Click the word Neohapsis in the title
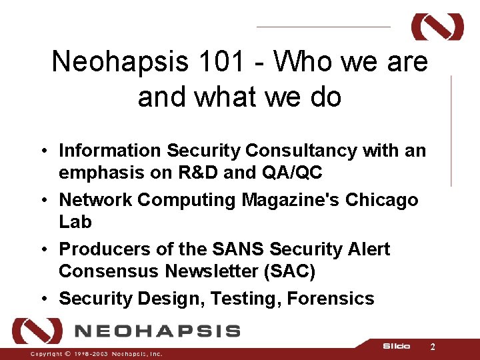pyautogui.click(x=110, y=62)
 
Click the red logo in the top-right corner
pyautogui.click(x=437, y=27)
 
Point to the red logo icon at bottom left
pyautogui.click(x=37, y=331)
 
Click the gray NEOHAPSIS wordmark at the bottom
pyautogui.click(x=157, y=331)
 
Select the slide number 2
pyautogui.click(x=433, y=347)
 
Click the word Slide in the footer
pyautogui.click(x=396, y=347)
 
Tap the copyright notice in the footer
pyautogui.click(x=96, y=354)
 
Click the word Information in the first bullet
pyautogui.click(x=110, y=151)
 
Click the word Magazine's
pyautogui.click(x=293, y=200)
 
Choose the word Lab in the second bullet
pyautogui.click(x=75, y=222)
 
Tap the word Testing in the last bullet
pyautogui.click(x=245, y=299)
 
